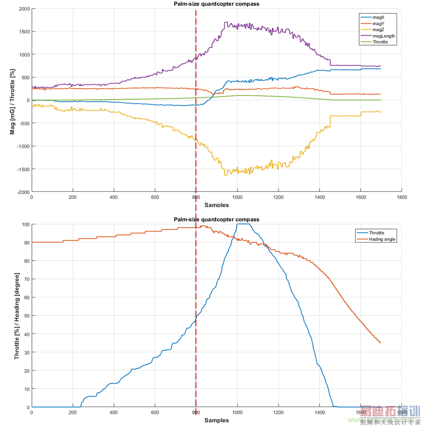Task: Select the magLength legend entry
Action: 384,35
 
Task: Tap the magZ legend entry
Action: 378,29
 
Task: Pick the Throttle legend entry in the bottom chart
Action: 376,233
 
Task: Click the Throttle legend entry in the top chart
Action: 380,42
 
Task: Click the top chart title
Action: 216,4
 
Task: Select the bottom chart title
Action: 216,220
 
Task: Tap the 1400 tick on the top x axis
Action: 319,197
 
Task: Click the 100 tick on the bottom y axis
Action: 25,224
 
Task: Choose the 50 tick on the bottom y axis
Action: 26,316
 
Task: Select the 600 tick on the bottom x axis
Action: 155,413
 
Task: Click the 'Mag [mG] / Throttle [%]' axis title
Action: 13,101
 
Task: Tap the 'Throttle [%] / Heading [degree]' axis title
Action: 17,316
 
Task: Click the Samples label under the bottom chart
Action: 216,420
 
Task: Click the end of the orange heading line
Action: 380,343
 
